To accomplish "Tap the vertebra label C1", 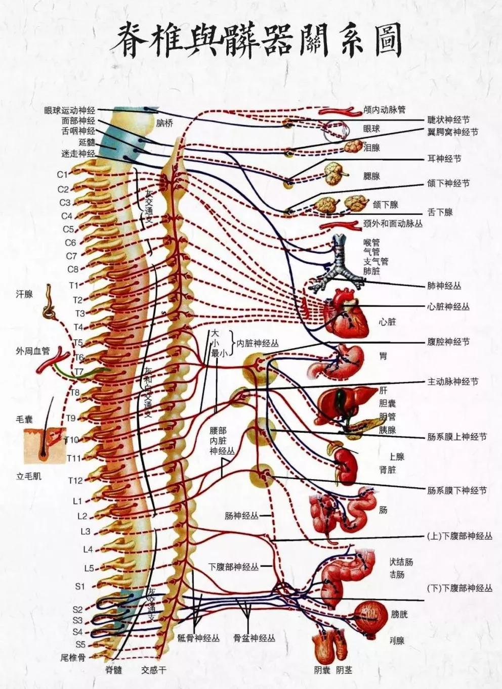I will click(x=62, y=174).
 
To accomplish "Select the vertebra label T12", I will click(x=75, y=480).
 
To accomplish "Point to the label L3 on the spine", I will click(x=85, y=531).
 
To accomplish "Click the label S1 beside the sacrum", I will click(x=80, y=586).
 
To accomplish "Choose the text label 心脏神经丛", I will click(x=448, y=306).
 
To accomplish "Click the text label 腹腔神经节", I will click(x=448, y=342).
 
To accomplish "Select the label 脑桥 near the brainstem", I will click(x=164, y=123).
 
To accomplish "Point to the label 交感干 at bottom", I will click(x=154, y=670).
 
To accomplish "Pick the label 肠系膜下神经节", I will click(x=457, y=490).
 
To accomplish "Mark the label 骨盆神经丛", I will click(x=255, y=638).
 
